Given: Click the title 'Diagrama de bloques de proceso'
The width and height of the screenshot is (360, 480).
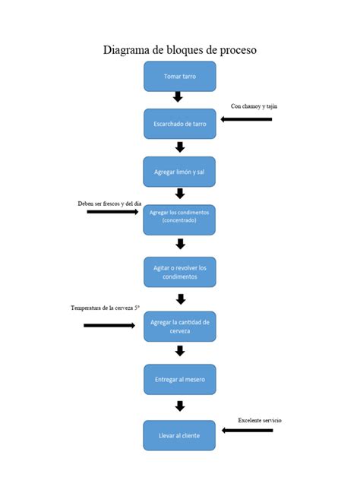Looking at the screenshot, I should pyautogui.click(x=180, y=50).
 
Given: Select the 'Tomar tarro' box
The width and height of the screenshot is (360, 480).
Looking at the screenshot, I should pyautogui.click(x=180, y=77).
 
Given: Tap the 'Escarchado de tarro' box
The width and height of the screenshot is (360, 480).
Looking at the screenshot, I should pyautogui.click(x=180, y=124).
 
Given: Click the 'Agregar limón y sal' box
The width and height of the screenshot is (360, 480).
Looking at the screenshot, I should pyautogui.click(x=180, y=172).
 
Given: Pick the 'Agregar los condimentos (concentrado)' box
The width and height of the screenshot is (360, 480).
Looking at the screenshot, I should pyautogui.click(x=180, y=219).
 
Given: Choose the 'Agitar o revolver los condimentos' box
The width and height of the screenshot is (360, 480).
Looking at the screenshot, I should pyautogui.click(x=180, y=272).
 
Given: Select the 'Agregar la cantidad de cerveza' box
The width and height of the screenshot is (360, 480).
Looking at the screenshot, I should pyautogui.click(x=180, y=327).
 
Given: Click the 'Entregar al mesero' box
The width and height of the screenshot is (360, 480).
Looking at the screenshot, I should pyautogui.click(x=180, y=379).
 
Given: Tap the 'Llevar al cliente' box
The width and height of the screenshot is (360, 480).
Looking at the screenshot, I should pyautogui.click(x=180, y=435).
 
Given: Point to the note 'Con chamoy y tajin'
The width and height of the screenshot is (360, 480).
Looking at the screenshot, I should pyautogui.click(x=254, y=106).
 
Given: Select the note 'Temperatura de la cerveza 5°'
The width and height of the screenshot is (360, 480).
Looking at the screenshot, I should pyautogui.click(x=106, y=308).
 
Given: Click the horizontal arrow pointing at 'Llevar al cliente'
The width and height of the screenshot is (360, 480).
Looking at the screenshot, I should pyautogui.click(x=247, y=431).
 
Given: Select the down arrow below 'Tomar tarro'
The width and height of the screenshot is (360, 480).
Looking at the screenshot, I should pyautogui.click(x=178, y=97).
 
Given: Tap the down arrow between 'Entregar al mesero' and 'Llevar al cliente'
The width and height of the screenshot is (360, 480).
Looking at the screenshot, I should pyautogui.click(x=180, y=406).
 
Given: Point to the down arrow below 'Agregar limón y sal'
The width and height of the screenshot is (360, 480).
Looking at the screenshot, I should pyautogui.click(x=180, y=194).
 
